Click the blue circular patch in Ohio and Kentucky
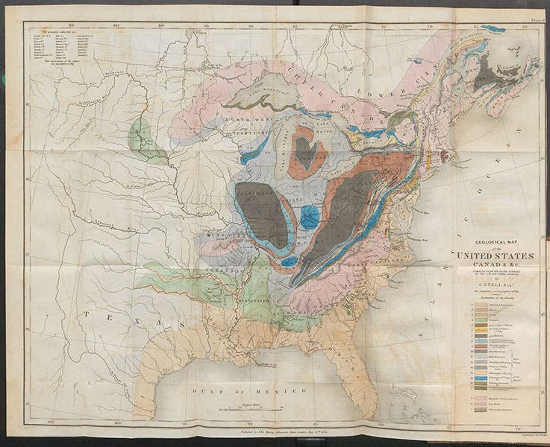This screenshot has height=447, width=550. click(309, 218)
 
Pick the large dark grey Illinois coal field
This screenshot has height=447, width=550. click(262, 213)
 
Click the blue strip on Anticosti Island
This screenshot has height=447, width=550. click(493, 29)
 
